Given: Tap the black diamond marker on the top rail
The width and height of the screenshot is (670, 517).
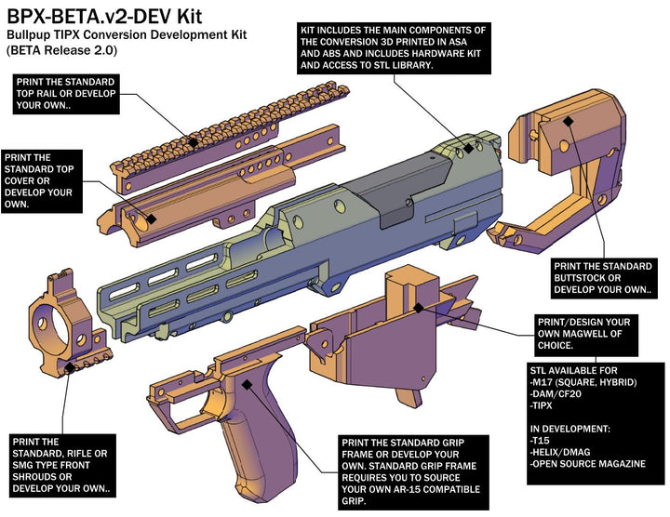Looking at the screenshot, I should click(x=192, y=141).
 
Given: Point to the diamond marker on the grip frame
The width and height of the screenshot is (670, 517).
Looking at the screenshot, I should click(x=247, y=382).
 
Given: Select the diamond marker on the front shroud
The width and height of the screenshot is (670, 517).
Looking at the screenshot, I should click(x=70, y=368).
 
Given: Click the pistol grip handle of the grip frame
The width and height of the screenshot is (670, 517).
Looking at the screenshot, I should click(x=247, y=456).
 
